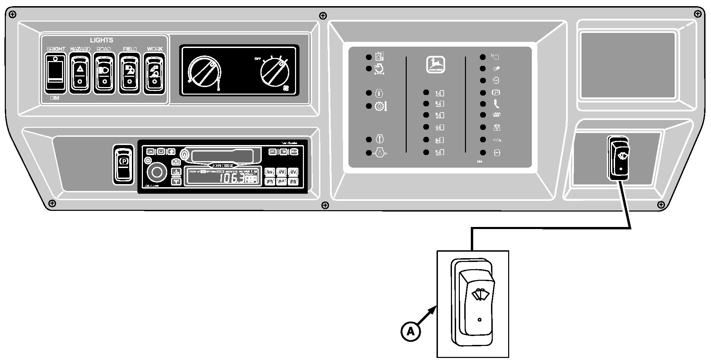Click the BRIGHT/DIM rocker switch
56,72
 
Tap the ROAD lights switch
104,73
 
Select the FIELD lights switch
130,73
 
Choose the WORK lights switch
155,73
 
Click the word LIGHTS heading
101,40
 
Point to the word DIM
54,98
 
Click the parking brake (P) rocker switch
123,164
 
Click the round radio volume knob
157,172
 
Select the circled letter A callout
410,331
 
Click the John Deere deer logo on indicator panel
435,64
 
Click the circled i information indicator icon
379,93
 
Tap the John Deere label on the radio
223,165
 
